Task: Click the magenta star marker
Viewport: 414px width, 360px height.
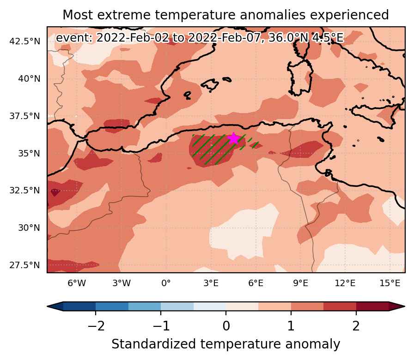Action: (x=234, y=138)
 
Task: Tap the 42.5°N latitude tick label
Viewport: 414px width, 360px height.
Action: (x=25, y=42)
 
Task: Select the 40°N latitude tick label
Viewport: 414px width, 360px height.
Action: (x=29, y=78)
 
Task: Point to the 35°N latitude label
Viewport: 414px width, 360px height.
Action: (x=29, y=153)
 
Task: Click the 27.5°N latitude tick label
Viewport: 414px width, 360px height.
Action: (x=25, y=265)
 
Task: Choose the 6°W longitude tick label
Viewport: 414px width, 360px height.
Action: (x=77, y=283)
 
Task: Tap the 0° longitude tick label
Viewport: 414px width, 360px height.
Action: (x=166, y=283)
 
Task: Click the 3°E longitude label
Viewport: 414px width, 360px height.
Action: (x=211, y=283)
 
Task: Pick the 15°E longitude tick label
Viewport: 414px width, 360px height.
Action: (x=390, y=283)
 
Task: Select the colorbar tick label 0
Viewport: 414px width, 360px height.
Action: (x=226, y=326)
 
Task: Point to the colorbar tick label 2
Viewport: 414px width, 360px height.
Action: (x=356, y=326)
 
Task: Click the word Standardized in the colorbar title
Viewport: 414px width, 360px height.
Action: (x=154, y=344)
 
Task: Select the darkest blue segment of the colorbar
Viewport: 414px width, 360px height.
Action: (x=79, y=306)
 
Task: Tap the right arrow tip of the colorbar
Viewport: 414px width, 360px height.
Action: (x=404, y=306)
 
